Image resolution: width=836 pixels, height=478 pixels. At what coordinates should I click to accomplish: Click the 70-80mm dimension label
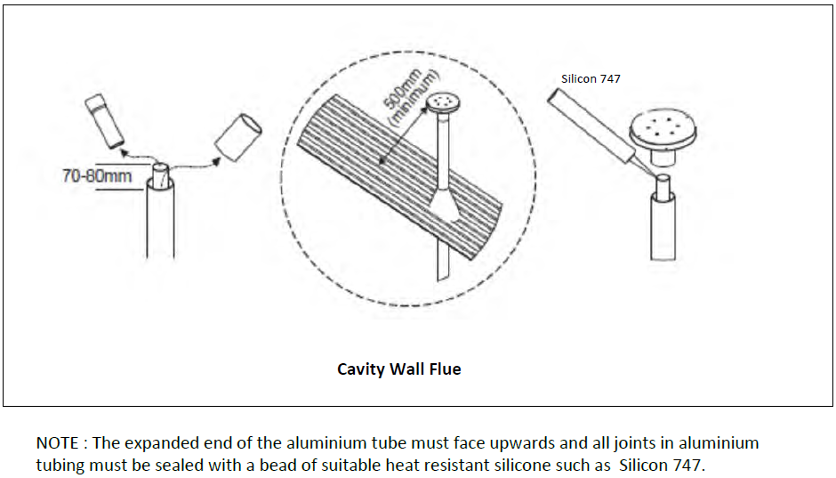(x=96, y=175)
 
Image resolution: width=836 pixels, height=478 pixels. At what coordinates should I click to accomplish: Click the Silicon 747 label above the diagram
(x=591, y=78)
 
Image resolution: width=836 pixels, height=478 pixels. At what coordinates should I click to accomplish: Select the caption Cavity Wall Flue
(x=399, y=369)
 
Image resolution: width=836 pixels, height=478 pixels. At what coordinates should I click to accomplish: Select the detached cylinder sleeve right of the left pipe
(x=237, y=138)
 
